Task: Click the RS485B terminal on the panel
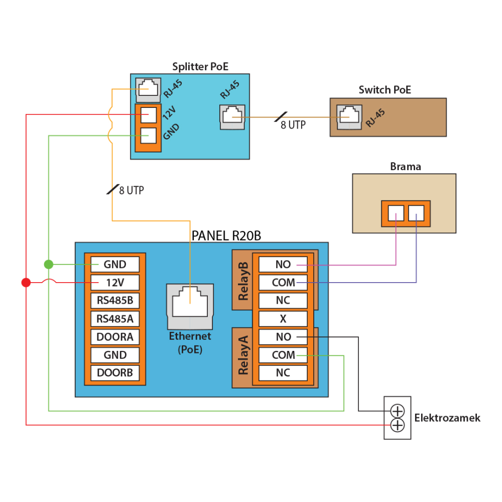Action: point(115,301)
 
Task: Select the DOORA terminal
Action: point(115,337)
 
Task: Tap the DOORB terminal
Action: point(115,373)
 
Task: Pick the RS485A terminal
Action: point(115,319)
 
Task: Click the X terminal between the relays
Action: point(283,319)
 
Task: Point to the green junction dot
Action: point(48,264)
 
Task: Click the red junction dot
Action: point(26,283)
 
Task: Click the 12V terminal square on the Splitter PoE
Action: point(148,115)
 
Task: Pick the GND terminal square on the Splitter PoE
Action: point(148,135)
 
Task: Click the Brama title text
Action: point(405,167)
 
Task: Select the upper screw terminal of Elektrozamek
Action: point(397,411)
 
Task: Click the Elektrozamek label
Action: point(447,418)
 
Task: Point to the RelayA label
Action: point(243,356)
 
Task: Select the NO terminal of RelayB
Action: point(283,264)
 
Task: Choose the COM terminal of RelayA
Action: point(283,355)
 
